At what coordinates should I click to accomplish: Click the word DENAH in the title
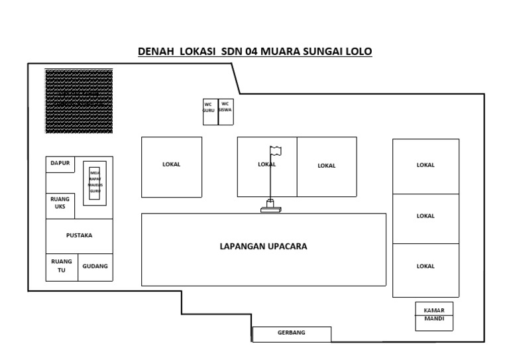pos(154,51)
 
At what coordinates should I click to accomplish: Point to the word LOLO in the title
pos(358,51)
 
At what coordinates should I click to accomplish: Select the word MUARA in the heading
pos(283,51)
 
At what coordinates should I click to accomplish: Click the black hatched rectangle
pos(79,101)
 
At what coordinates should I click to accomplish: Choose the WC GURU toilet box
pos(209,111)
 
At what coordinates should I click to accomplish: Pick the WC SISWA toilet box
pos(225,111)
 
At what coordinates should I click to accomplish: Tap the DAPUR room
pos(60,164)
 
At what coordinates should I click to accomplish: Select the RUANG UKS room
pos(60,205)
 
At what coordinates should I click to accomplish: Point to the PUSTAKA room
pos(79,235)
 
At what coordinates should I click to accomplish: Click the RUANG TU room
pos(62,267)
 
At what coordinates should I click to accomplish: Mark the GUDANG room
pos(95,267)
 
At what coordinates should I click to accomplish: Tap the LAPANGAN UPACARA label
pos(263,247)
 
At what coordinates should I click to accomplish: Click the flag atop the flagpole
pos(275,150)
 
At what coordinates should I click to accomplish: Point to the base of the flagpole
pos(270,208)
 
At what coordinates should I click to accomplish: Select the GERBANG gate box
pos(291,333)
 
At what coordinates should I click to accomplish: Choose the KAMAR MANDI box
pos(434,316)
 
